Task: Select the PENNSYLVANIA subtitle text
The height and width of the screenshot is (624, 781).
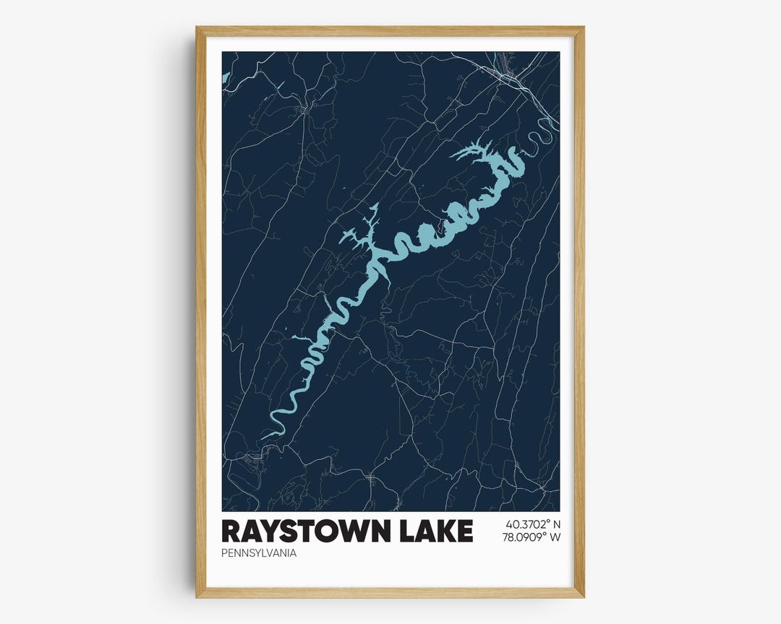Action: (259, 554)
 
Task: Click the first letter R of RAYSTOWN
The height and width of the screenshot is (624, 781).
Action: (231, 531)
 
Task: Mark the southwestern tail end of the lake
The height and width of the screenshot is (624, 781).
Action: (265, 436)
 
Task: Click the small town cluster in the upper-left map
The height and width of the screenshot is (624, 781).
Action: (303, 110)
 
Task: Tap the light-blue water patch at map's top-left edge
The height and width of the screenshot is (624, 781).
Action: (226, 76)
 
